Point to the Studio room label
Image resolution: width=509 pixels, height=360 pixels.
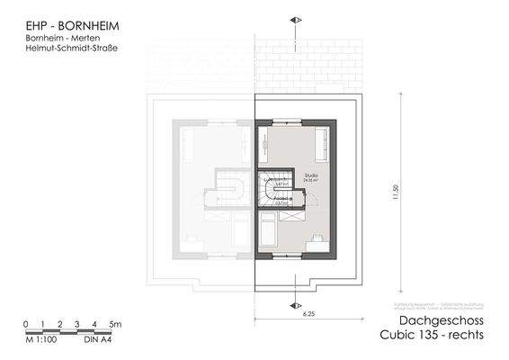click(x=312, y=175)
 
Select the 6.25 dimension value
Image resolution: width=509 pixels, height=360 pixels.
click(x=308, y=313)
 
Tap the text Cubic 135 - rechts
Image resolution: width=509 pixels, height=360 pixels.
click(x=432, y=336)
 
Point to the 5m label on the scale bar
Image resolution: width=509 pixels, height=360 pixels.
click(x=115, y=322)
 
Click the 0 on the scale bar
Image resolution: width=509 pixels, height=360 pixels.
click(x=27, y=322)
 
